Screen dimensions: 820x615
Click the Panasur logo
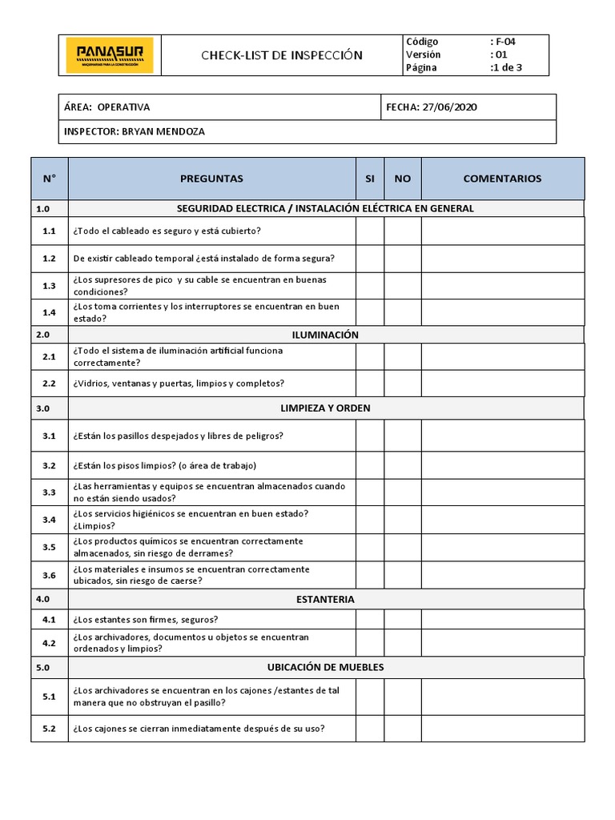click(x=110, y=55)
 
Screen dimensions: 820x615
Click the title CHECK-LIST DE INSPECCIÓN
click(x=281, y=55)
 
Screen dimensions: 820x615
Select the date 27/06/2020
click(x=445, y=107)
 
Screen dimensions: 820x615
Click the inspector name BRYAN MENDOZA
click(x=164, y=131)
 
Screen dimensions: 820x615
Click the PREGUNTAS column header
click(x=211, y=179)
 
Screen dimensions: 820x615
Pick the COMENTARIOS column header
click(x=502, y=179)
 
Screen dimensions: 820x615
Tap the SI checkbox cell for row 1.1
click(x=369, y=231)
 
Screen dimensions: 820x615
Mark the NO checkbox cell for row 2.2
click(x=402, y=384)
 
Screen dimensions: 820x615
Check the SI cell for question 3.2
click(x=369, y=465)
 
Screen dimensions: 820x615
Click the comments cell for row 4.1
click(x=502, y=619)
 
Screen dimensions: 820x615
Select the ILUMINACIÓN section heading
click(x=325, y=335)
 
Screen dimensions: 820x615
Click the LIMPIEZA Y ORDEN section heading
click(x=325, y=408)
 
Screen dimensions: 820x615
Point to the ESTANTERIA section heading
click(x=325, y=599)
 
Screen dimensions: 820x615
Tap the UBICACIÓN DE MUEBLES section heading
click(x=325, y=667)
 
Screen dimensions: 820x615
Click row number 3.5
click(x=50, y=547)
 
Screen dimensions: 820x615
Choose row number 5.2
click(x=50, y=728)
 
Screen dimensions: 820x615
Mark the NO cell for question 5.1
click(x=402, y=697)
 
